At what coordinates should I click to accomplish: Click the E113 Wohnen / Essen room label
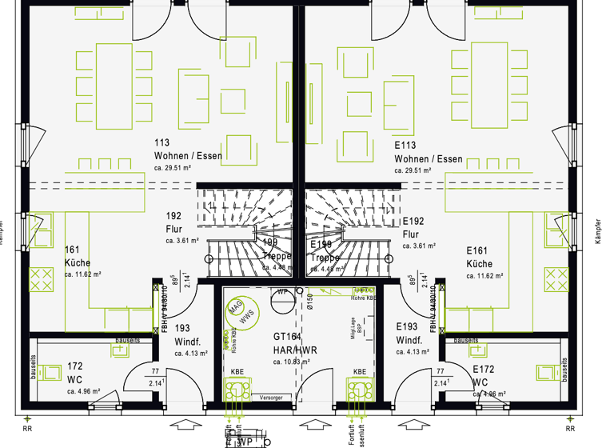[428, 153]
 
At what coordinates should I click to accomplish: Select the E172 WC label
[484, 375]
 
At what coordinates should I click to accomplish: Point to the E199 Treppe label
[325, 250]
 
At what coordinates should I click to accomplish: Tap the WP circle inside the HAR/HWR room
[282, 292]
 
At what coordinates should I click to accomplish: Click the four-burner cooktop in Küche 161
[39, 279]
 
